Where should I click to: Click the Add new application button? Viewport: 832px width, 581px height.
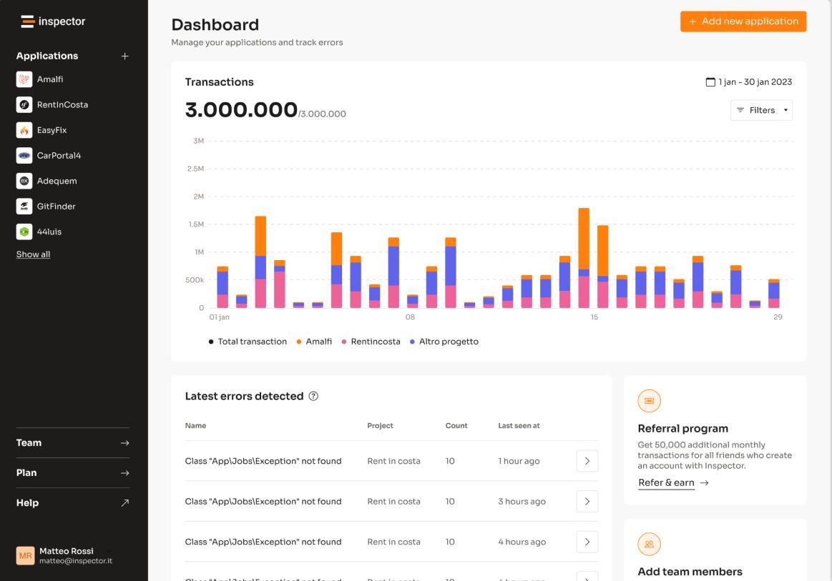[x=743, y=21]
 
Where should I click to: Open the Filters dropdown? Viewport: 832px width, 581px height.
[x=761, y=110]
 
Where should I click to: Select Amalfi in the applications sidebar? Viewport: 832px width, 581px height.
[x=50, y=79]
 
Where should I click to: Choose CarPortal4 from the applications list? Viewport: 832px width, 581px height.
[x=59, y=156]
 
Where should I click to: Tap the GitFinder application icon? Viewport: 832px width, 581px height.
[x=24, y=207]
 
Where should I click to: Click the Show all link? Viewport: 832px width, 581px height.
[x=33, y=254]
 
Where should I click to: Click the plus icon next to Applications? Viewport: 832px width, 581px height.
[x=124, y=56]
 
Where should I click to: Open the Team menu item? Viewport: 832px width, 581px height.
[x=73, y=443]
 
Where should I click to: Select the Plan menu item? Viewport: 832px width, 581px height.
[x=73, y=473]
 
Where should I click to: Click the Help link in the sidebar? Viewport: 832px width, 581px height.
[x=73, y=503]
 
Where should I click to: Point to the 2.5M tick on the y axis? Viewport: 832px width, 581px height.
[x=195, y=169]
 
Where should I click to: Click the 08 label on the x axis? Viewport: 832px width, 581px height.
[x=410, y=317]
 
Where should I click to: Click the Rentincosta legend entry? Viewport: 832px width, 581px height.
[x=371, y=342]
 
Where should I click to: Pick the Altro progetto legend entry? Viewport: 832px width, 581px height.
[x=444, y=342]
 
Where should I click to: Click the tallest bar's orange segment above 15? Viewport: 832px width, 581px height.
[x=584, y=239]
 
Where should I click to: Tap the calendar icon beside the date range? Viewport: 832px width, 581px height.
[x=710, y=82]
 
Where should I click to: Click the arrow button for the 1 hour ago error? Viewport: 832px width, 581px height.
[x=587, y=461]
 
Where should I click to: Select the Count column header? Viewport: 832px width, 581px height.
[x=456, y=426]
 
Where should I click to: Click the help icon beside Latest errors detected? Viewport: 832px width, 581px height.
[x=313, y=396]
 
